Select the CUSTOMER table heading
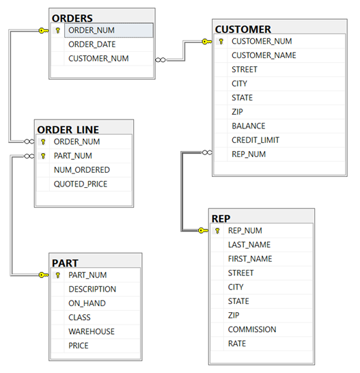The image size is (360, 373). point(243,29)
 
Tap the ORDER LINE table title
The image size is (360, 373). point(68,130)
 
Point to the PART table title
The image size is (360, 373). point(65,262)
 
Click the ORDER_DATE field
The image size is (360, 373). point(92,44)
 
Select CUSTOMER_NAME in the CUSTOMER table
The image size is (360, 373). point(264,55)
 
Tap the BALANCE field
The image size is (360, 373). point(249,126)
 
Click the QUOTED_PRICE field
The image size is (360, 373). point(81,184)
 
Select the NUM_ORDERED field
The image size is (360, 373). point(81,169)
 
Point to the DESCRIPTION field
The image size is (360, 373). point(92,289)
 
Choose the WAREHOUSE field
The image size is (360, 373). point(92,331)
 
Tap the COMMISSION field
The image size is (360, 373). point(252,329)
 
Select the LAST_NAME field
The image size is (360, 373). point(249,245)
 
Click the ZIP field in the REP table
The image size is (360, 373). point(234,315)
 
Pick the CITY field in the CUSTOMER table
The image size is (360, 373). point(239,83)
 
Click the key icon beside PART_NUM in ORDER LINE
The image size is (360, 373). point(43,156)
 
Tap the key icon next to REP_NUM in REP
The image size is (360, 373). point(217,231)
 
